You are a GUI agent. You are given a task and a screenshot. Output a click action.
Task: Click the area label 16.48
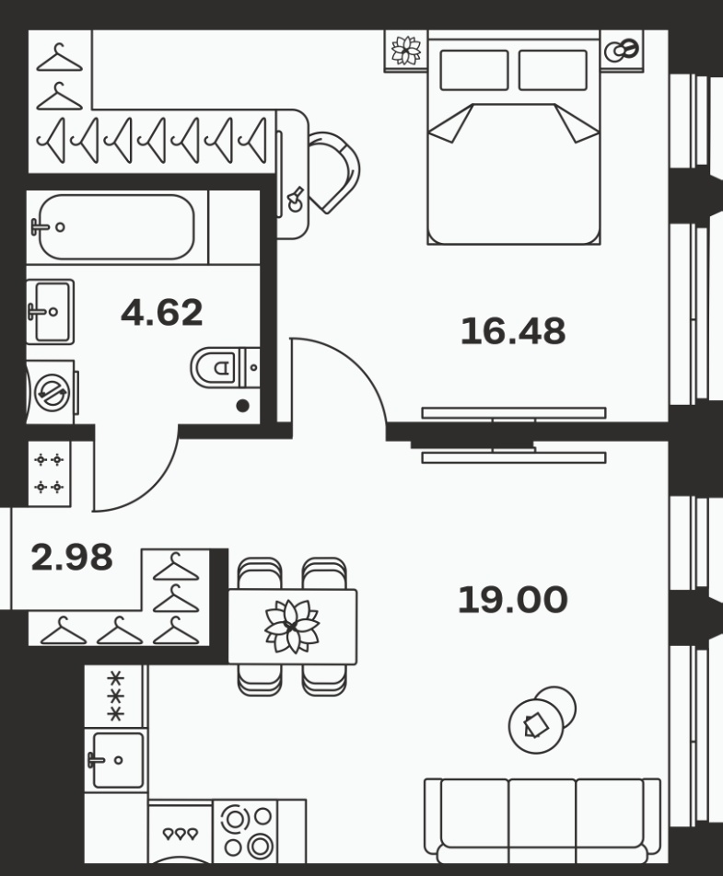pyautogui.click(x=513, y=330)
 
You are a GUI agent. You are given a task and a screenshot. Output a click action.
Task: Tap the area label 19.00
pyautogui.click(x=513, y=599)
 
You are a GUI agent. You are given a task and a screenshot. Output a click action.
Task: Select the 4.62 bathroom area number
pyautogui.click(x=161, y=312)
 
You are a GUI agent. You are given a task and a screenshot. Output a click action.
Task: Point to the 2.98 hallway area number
pyautogui.click(x=72, y=557)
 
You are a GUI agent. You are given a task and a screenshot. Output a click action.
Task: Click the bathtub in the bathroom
pyautogui.click(x=116, y=226)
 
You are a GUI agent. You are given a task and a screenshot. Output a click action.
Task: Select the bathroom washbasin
pyautogui.click(x=51, y=311)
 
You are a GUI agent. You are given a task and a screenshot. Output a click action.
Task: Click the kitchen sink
pyautogui.click(x=116, y=760)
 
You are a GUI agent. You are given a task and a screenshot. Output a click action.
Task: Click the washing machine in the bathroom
pyautogui.click(x=52, y=392)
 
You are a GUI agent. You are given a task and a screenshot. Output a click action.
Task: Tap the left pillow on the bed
pyautogui.click(x=474, y=70)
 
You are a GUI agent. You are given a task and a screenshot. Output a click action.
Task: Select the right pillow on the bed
pyautogui.click(x=553, y=70)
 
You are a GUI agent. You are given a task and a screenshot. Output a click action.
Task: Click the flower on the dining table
pyautogui.click(x=292, y=627)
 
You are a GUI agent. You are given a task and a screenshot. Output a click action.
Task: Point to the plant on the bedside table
pyautogui.click(x=406, y=51)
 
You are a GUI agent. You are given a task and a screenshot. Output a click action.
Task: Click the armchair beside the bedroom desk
pyautogui.click(x=334, y=171)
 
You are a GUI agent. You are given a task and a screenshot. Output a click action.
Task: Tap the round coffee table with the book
pyautogui.click(x=536, y=726)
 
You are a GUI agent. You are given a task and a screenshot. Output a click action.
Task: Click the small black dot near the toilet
pyautogui.click(x=242, y=406)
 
